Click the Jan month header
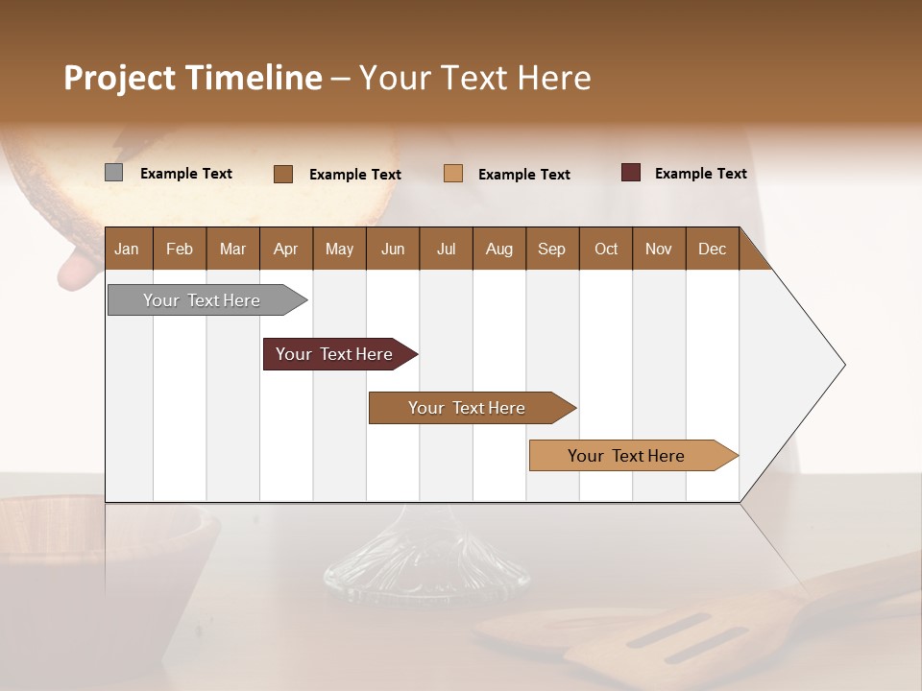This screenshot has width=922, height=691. point(128,249)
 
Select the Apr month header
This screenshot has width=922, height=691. point(286,249)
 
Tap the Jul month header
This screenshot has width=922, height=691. point(447,249)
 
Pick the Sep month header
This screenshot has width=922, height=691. point(552,249)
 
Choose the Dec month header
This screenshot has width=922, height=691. point(713,249)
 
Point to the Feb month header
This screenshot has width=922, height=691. point(180,249)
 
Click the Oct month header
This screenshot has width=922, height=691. point(606,249)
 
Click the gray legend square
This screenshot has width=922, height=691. point(113,173)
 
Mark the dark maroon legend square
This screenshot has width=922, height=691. point(631,173)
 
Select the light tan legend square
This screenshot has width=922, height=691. point(453,174)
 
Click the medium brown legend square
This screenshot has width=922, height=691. point(283,174)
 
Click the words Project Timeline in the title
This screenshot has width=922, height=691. point(192,78)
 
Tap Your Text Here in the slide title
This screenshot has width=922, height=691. point(474,78)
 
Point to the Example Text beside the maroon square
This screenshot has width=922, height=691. point(700,173)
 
